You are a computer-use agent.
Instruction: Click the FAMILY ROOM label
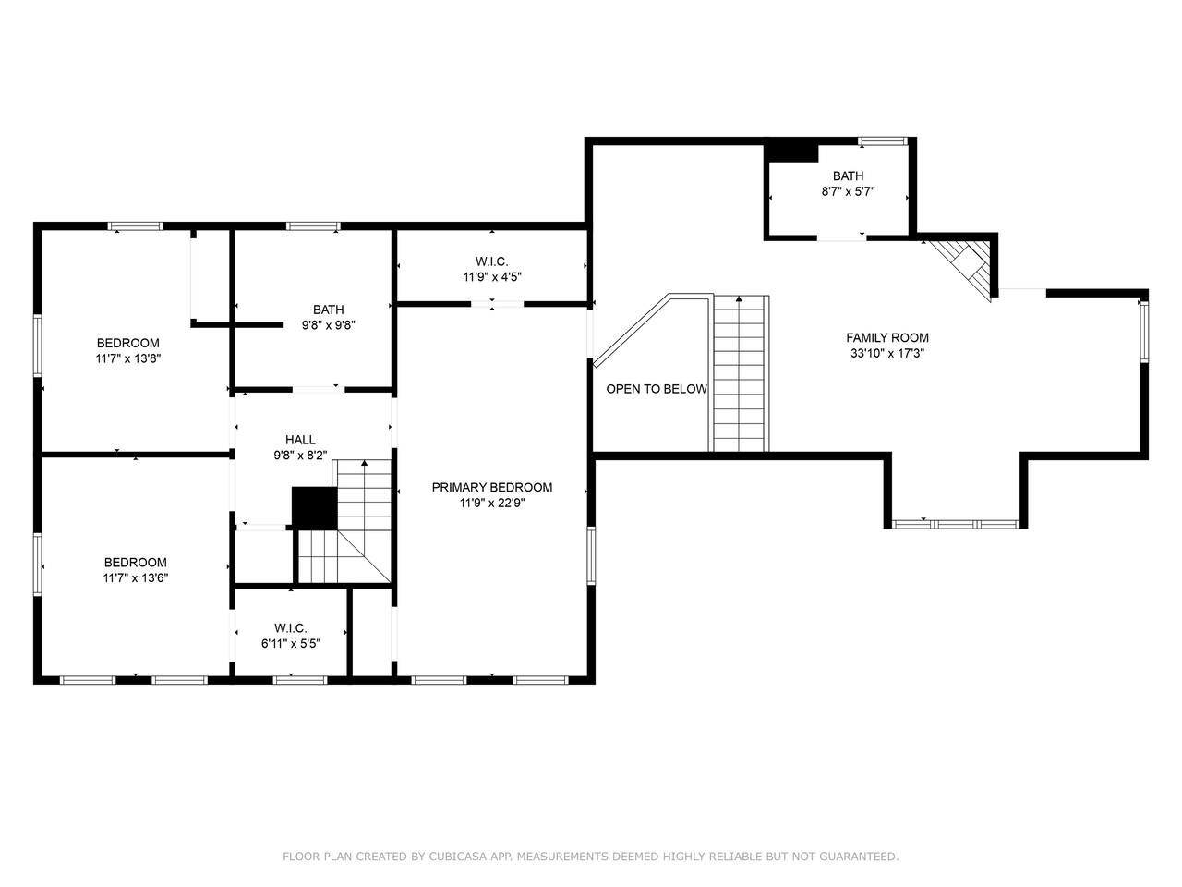(x=886, y=337)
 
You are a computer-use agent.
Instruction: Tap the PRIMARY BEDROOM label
(x=491, y=488)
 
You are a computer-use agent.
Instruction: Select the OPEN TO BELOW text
(x=657, y=389)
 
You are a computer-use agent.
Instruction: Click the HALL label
(x=300, y=440)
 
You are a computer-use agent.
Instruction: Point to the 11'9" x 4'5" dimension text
(x=492, y=277)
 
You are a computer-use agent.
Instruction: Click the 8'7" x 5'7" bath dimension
(x=848, y=191)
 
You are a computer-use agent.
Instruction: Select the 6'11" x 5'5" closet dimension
(x=291, y=644)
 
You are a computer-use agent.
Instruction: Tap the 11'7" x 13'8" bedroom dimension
(x=128, y=358)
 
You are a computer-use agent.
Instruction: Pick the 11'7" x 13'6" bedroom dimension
(x=136, y=577)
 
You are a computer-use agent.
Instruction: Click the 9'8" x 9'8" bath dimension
(x=329, y=325)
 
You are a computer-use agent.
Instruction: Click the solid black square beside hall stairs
(x=315, y=508)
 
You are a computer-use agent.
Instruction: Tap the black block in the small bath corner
(x=792, y=152)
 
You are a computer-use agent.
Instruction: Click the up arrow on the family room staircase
(x=739, y=298)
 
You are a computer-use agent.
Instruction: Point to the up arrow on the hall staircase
(x=365, y=463)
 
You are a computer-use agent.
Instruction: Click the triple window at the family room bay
(x=956, y=524)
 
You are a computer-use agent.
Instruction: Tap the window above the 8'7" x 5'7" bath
(x=883, y=141)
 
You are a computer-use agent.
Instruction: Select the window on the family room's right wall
(x=1144, y=331)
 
